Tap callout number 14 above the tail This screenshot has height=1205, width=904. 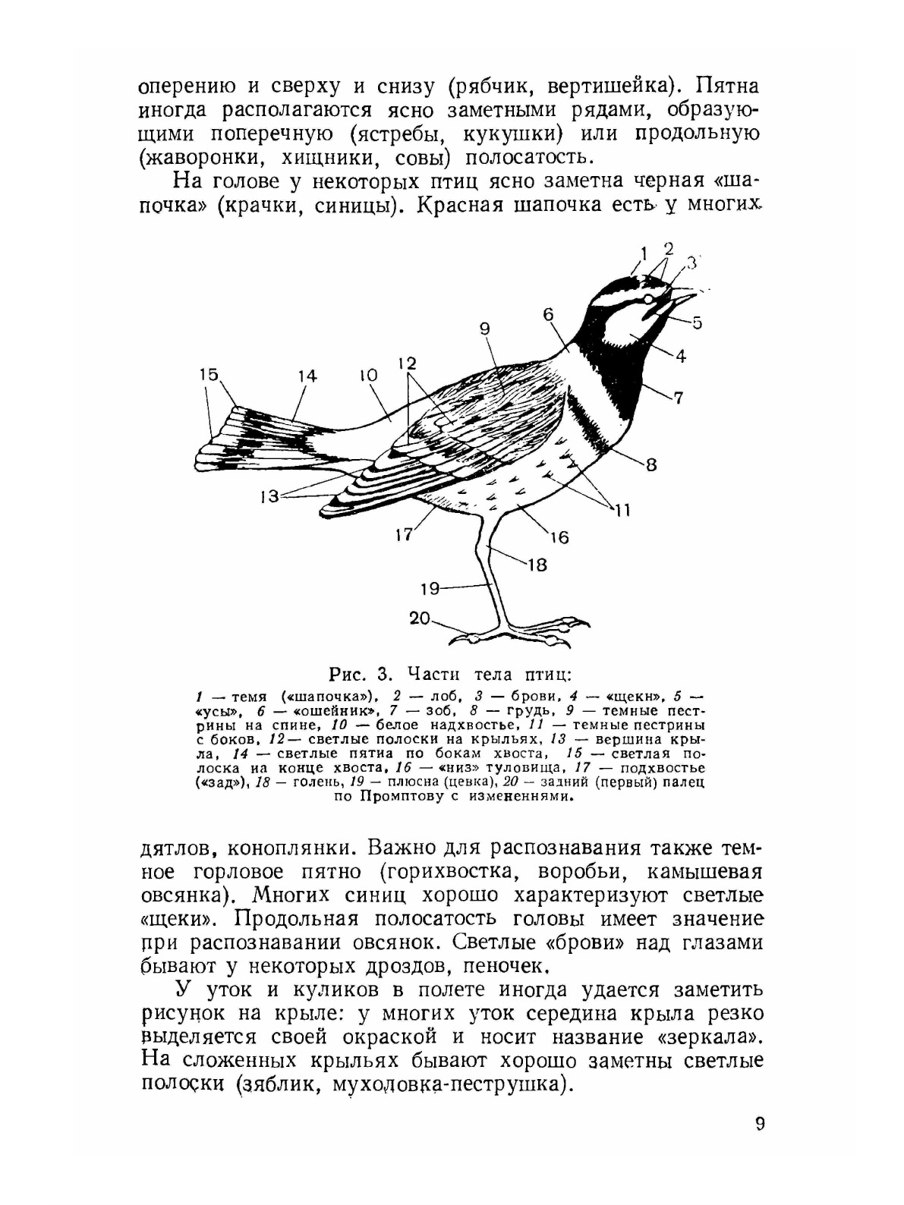(x=307, y=376)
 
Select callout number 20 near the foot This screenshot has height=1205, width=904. (x=420, y=618)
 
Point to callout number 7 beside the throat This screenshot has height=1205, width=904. (x=678, y=396)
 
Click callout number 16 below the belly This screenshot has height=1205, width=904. (x=559, y=537)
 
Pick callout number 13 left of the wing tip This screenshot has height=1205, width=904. (x=269, y=497)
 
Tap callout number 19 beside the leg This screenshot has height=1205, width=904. (x=430, y=587)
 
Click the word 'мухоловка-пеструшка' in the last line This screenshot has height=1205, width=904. (x=451, y=1084)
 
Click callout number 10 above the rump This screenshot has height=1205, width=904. (x=368, y=376)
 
